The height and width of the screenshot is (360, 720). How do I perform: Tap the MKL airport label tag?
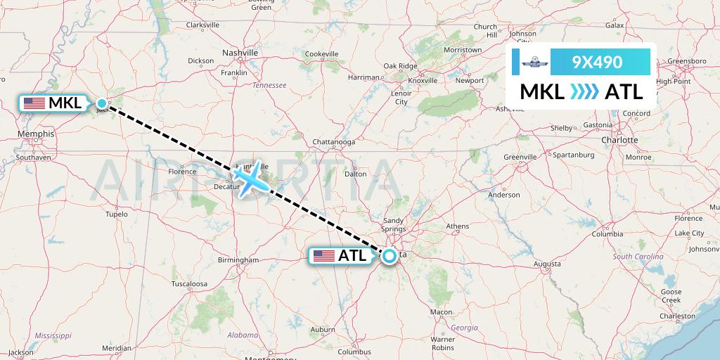[x=53, y=103]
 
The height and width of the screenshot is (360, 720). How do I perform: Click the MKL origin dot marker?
[x=102, y=104]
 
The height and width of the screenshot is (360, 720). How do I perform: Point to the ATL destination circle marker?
[x=389, y=256]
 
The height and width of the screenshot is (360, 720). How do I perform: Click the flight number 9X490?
[x=597, y=62]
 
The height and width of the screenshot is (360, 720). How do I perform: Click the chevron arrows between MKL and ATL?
[x=584, y=91]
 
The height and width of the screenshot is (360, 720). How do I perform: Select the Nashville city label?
[x=240, y=53]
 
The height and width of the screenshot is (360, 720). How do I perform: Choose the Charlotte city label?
[x=619, y=139]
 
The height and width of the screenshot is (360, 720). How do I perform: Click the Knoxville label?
[x=423, y=80]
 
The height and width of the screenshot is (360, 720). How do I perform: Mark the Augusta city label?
[x=547, y=264]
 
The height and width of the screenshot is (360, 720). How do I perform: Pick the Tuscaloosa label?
[x=189, y=284]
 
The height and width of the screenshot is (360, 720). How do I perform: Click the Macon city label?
[x=441, y=312]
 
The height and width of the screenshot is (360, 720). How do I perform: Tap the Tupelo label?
[x=117, y=214]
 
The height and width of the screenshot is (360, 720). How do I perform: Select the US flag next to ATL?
[x=324, y=256]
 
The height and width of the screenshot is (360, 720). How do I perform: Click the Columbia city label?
[x=607, y=234]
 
